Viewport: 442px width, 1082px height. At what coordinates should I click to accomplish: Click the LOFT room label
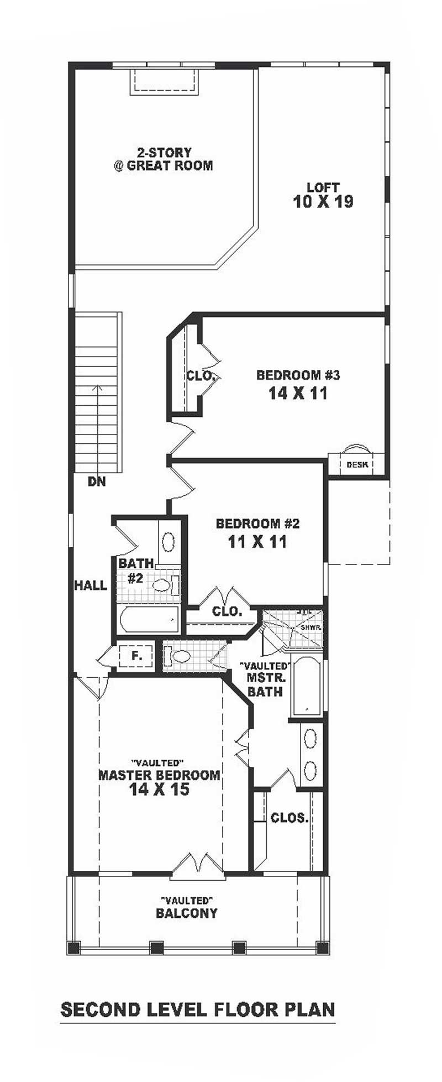coord(323,187)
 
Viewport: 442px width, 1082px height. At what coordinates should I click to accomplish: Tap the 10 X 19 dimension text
coord(323,202)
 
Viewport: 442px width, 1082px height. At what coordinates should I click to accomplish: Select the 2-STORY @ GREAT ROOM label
coord(164,159)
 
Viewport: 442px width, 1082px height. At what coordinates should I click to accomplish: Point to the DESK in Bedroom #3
coord(356,464)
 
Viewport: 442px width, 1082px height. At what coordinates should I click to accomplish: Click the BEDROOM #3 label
coord(298,375)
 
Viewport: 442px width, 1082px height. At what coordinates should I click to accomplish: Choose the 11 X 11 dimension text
coord(257,542)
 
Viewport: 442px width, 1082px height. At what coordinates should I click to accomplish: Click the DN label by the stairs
coord(97,482)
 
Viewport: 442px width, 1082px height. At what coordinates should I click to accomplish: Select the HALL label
coord(91,586)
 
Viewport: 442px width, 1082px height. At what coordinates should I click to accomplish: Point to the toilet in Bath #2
coord(164,584)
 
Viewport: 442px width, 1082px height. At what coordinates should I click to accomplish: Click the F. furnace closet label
coord(136,656)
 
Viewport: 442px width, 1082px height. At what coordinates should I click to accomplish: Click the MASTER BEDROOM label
coord(159,775)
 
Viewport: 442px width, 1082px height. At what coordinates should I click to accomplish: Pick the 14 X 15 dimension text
coord(159,790)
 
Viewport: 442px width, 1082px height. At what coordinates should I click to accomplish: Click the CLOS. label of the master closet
coord(289,818)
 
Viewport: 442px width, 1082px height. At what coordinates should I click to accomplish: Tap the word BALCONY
coord(187,913)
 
